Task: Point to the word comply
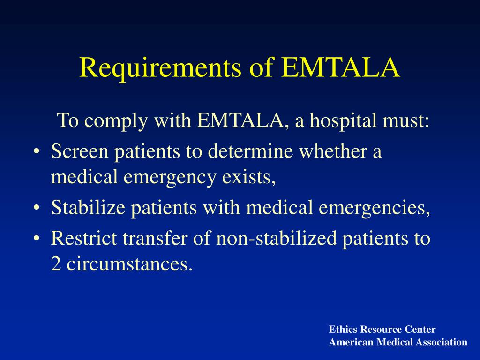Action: (116, 120)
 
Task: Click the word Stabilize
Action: (88, 207)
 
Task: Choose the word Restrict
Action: (84, 238)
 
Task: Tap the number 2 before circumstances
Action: (56, 263)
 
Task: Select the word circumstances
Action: (130, 263)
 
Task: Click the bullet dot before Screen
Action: (37, 152)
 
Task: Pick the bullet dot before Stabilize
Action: (37, 208)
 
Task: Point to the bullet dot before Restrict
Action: (37, 239)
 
